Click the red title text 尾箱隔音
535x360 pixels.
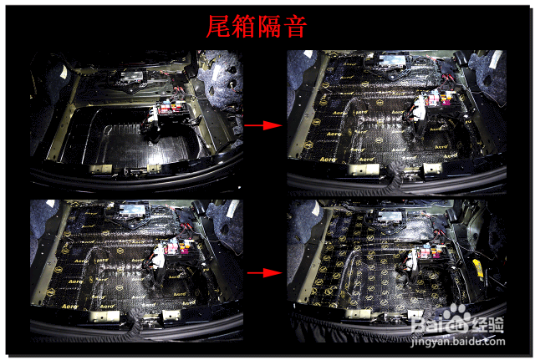(x=256, y=26)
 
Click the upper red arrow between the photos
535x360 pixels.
(x=261, y=125)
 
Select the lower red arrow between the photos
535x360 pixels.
(x=261, y=272)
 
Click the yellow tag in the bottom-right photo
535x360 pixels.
(x=477, y=268)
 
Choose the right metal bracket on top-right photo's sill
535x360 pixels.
(x=431, y=169)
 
